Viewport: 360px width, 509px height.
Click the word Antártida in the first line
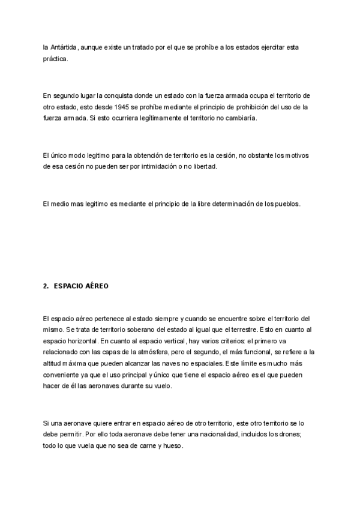(x=63, y=47)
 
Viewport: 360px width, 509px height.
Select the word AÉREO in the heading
(x=97, y=286)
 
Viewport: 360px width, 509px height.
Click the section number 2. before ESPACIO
(x=46, y=286)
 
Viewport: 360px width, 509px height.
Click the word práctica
(x=56, y=59)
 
